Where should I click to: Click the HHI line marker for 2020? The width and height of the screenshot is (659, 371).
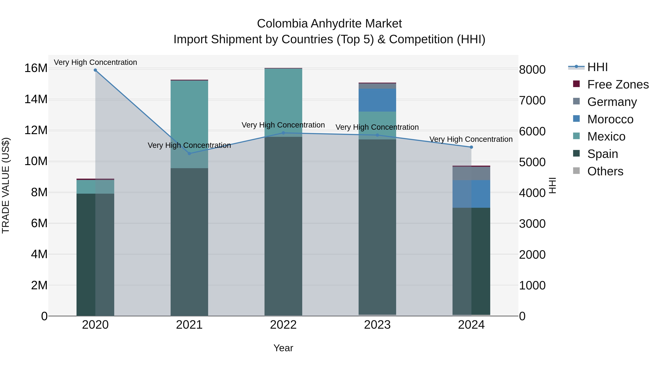[95, 70]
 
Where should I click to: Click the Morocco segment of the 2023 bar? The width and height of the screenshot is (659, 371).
[377, 100]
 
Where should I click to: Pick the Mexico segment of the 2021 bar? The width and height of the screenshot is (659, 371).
[189, 124]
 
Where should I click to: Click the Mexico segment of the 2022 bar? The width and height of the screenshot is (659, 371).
[283, 102]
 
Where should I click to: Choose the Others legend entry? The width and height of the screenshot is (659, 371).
[605, 171]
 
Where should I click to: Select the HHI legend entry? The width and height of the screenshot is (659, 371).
[597, 67]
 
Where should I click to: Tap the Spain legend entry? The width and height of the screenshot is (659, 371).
[602, 154]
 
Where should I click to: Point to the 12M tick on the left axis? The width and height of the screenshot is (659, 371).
[36, 130]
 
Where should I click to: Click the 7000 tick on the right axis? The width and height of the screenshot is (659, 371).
[532, 100]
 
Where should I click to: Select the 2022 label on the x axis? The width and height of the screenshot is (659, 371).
[283, 325]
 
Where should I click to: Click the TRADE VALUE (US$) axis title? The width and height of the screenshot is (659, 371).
[6, 185]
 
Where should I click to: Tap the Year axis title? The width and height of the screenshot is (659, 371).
[283, 348]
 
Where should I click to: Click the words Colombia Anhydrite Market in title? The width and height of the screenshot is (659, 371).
[329, 24]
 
